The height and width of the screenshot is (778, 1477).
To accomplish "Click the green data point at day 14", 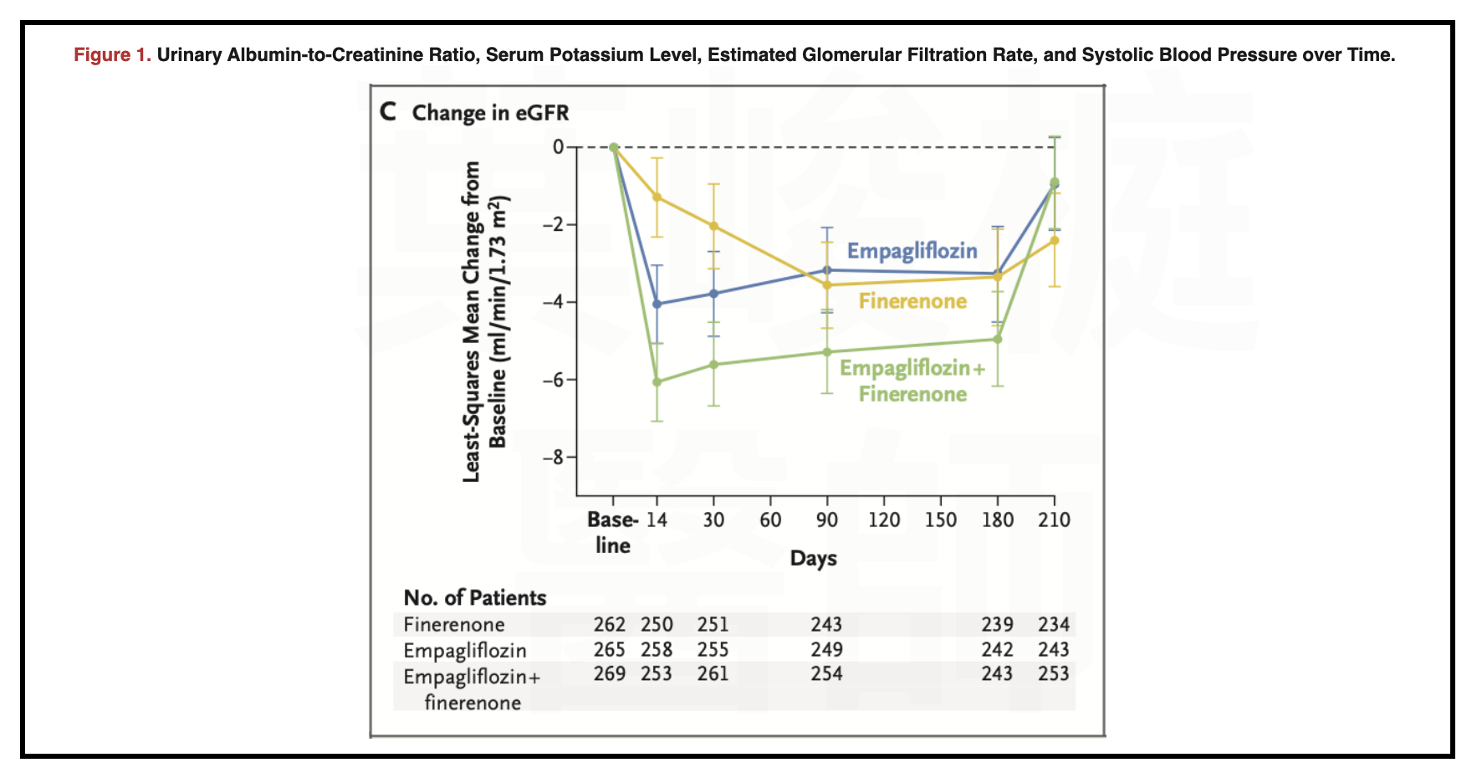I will click(657, 381).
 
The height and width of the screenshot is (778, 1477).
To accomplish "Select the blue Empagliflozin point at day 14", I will click(657, 304).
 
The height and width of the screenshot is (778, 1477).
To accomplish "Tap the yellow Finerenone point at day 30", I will click(713, 226).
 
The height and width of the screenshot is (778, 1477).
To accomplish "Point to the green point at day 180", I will click(997, 339).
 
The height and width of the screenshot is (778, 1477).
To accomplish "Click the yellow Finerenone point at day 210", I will click(1054, 240).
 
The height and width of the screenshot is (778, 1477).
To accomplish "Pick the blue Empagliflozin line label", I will click(912, 251).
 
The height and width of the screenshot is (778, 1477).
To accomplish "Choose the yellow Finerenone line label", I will click(912, 301).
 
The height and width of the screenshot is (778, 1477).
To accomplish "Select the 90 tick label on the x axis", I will click(827, 520).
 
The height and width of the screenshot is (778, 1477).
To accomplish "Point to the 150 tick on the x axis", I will click(940, 520).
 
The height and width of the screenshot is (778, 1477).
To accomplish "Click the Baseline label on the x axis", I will click(612, 532).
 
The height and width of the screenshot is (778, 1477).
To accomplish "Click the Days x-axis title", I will click(813, 558).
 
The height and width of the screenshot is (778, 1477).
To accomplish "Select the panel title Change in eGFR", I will click(490, 113).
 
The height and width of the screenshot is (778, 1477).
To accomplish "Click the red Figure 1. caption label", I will click(112, 55).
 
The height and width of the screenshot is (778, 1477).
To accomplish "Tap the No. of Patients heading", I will click(474, 597).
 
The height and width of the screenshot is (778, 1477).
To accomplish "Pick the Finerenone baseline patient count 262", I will click(610, 625).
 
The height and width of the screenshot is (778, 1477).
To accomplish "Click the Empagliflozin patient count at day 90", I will click(826, 649).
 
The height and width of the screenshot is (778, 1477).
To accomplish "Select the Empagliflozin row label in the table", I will click(464, 650).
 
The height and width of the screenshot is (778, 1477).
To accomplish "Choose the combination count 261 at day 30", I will click(713, 673).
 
